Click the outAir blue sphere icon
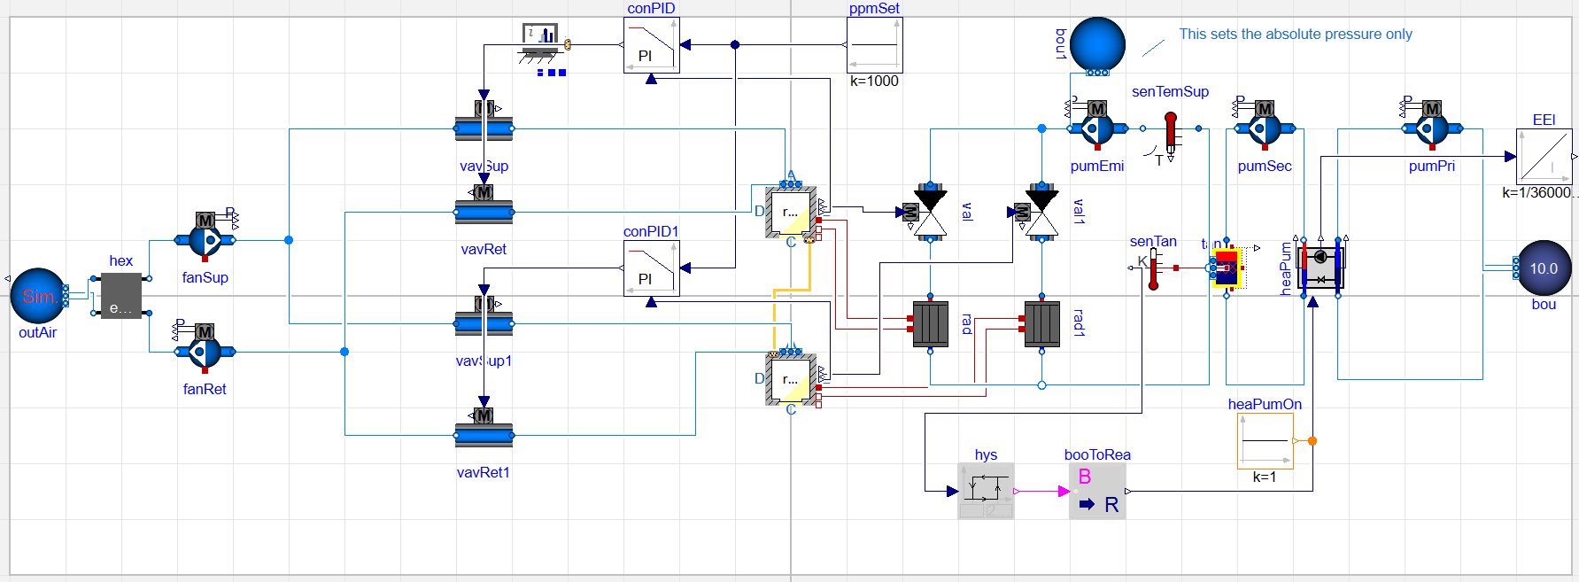38,296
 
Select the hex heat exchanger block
120,295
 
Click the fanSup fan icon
205,239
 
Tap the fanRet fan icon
205,351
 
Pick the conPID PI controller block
651,45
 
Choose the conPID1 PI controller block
651,268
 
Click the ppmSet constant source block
874,45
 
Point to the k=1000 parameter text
874,81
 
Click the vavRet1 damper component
484,435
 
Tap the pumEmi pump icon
1096,128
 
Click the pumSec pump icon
1264,128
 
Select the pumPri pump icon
1431,128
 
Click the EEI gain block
1544,157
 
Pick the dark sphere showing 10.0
1544,268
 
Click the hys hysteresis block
986,491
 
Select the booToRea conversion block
1097,491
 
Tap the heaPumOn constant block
1265,440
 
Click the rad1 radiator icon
1041,323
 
